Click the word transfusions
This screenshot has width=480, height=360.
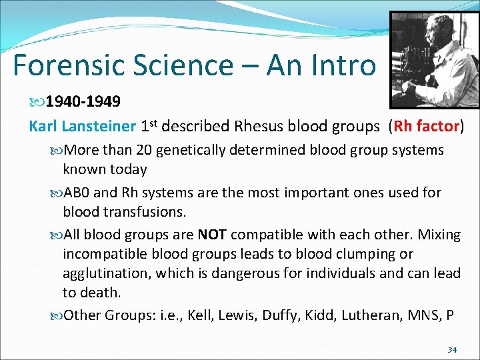(145, 211)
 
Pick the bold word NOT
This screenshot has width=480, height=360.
(211, 235)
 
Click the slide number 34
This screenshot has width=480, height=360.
(452, 350)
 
